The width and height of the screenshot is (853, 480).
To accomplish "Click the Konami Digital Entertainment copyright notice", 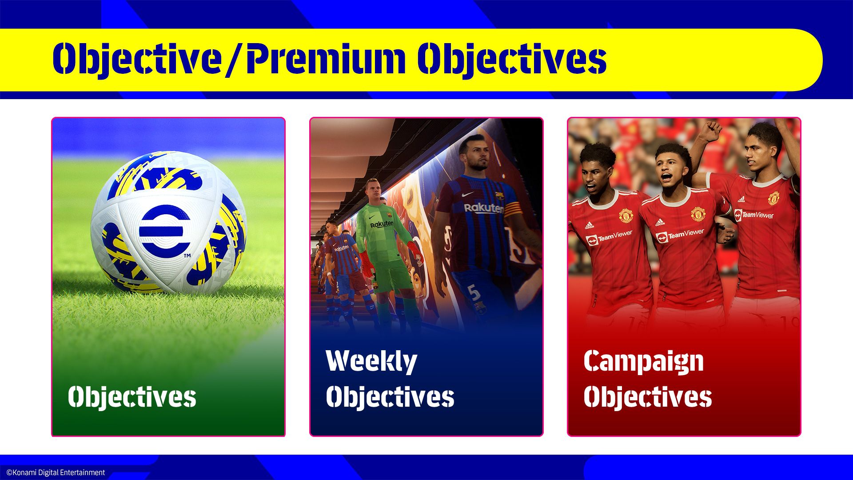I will point(56,472).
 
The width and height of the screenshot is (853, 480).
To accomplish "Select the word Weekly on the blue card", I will point(371,361).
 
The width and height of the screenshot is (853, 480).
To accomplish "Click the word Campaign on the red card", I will point(643,361).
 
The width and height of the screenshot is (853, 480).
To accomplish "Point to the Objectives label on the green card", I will point(132,396).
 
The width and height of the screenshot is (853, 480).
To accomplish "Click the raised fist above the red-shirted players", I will point(710,131).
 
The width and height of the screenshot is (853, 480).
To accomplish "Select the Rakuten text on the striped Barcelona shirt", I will point(483,208).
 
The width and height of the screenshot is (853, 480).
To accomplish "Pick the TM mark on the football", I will point(187,256).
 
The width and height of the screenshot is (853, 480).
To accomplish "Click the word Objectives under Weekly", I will point(390,396).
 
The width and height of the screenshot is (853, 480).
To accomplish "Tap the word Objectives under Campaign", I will point(648,396).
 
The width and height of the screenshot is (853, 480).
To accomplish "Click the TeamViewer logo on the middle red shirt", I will point(680,235).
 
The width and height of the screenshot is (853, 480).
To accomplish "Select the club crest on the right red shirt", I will point(773,197).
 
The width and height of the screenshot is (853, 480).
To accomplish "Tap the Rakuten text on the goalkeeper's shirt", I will point(382,224).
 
